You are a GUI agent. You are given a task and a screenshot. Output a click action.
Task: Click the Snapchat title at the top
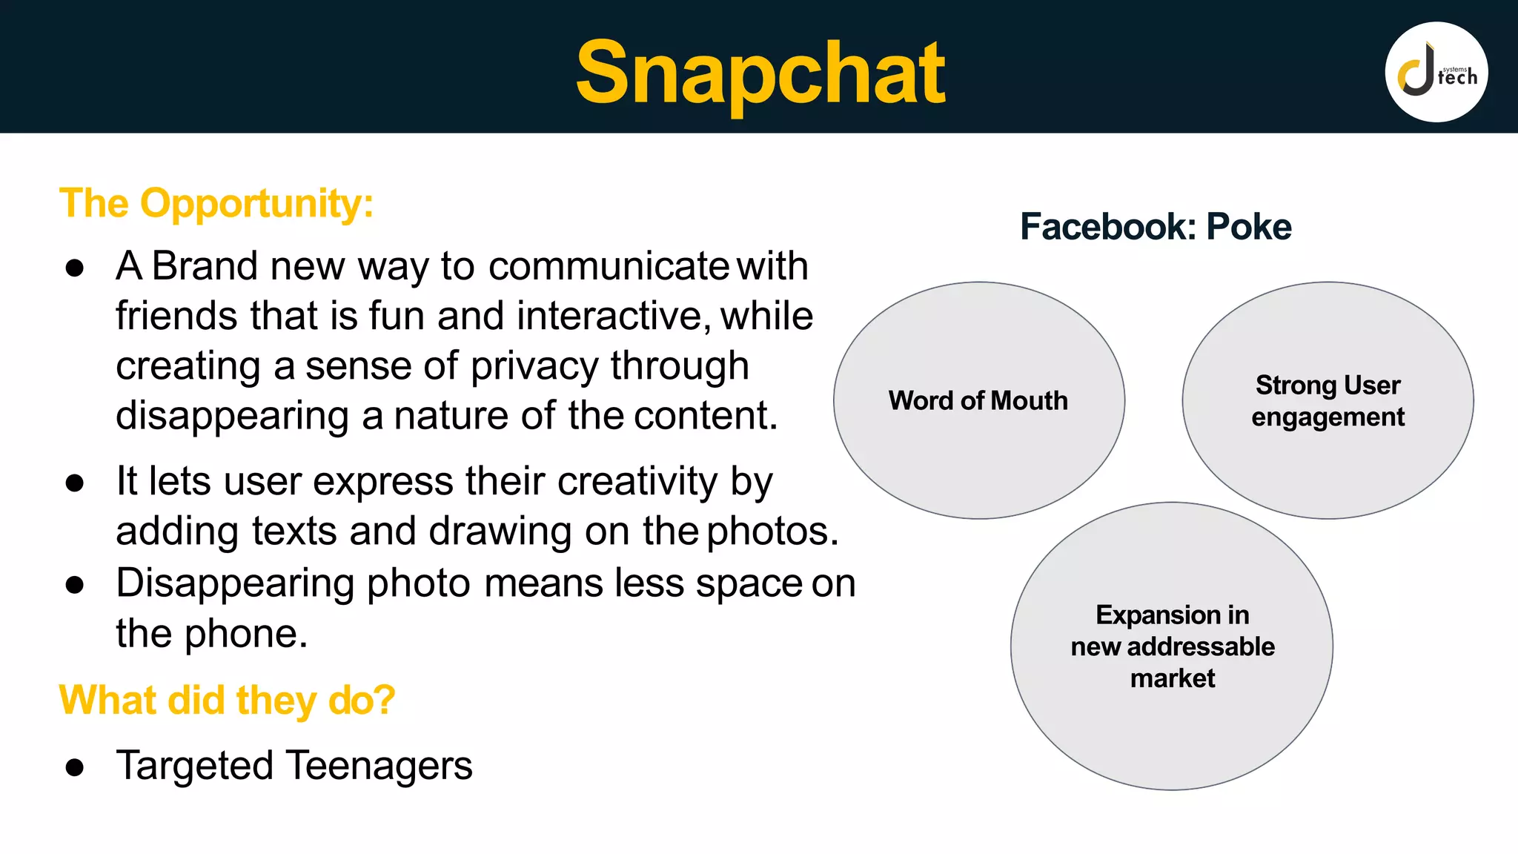[x=760, y=73]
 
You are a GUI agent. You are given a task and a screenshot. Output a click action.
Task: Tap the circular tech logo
[x=1436, y=72]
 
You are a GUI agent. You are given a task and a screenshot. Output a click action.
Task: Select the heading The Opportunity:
[x=216, y=203]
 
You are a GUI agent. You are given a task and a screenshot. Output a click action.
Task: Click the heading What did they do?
[x=227, y=700]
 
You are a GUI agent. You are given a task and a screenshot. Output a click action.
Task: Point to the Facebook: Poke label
[x=1156, y=227]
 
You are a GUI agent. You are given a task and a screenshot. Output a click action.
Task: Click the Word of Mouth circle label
[x=978, y=401]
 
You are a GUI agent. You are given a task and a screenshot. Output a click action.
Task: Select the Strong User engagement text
[x=1328, y=401]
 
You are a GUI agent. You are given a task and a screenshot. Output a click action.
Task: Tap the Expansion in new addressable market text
[x=1173, y=646]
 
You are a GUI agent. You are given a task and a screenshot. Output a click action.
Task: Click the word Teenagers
[x=379, y=765]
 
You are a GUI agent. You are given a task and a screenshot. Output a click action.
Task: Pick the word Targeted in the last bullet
[x=195, y=767]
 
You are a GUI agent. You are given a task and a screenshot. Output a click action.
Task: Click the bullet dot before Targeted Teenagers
[x=74, y=767]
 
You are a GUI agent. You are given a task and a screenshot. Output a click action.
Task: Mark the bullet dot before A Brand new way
[x=74, y=268]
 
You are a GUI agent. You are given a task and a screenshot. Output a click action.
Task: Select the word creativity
[x=637, y=482]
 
